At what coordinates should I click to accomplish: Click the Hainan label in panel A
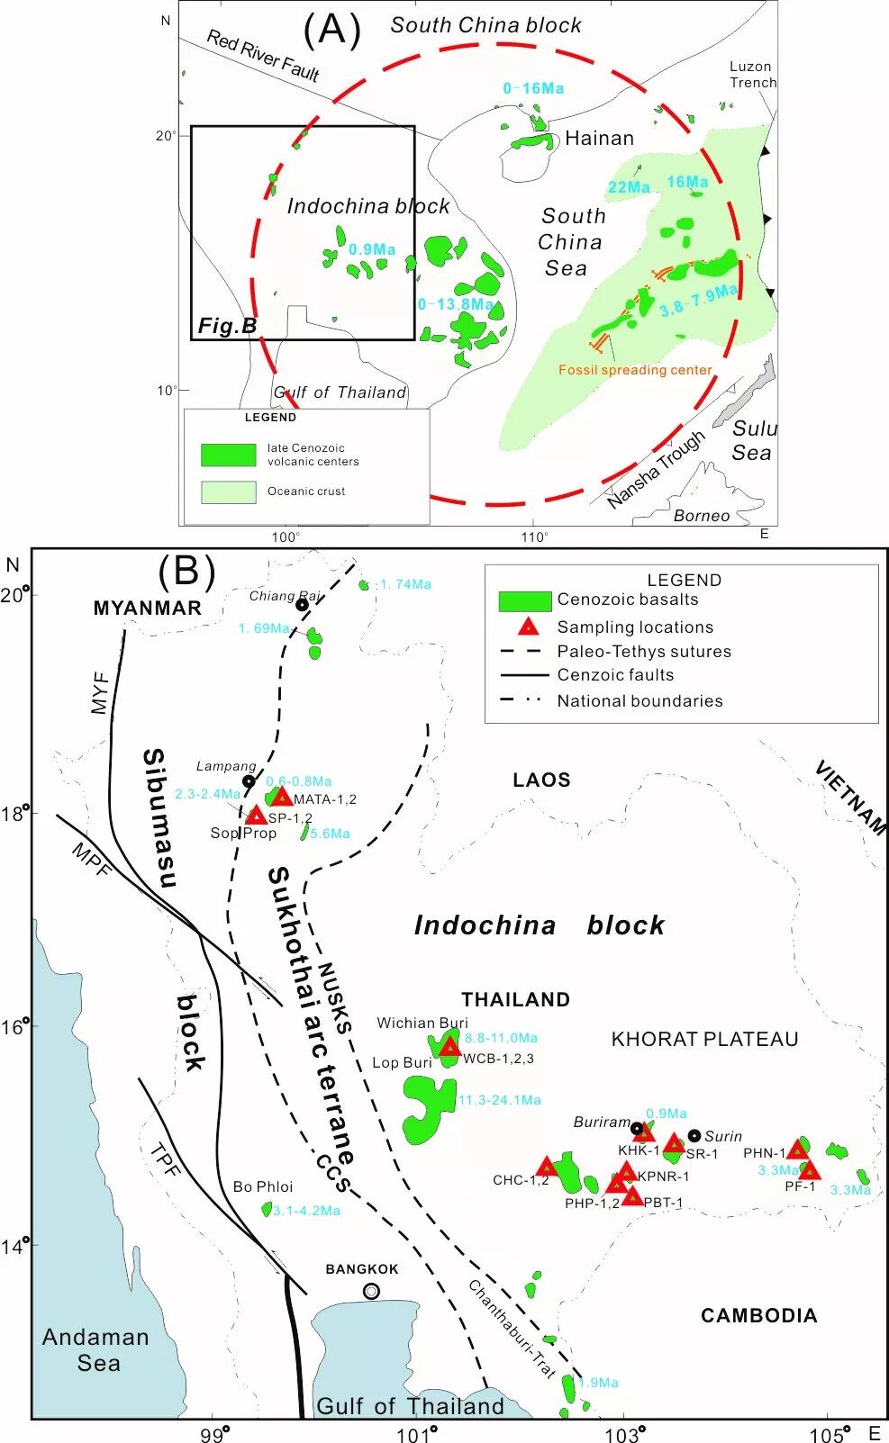(599, 139)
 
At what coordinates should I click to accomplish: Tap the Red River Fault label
(263, 55)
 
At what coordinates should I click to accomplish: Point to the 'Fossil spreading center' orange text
(635, 370)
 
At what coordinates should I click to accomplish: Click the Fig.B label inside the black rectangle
(227, 326)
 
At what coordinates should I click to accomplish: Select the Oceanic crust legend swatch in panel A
(228, 492)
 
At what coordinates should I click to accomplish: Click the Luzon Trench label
(752, 75)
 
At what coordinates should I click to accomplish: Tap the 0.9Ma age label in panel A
(372, 249)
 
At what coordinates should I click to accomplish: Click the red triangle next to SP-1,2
(257, 816)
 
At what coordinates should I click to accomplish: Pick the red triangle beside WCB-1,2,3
(449, 1046)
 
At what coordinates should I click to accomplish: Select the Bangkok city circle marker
(371, 1291)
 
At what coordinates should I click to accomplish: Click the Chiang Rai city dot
(302, 604)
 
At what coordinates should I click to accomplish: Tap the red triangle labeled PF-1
(809, 1170)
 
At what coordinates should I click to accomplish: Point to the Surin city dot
(694, 1135)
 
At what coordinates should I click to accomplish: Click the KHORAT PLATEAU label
(704, 1040)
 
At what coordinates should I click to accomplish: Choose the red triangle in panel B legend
(528, 627)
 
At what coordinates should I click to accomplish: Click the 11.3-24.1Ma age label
(500, 1100)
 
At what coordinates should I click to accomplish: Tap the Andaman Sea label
(95, 1349)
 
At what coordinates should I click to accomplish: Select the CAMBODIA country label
(758, 1315)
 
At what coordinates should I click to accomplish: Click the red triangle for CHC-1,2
(547, 1167)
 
